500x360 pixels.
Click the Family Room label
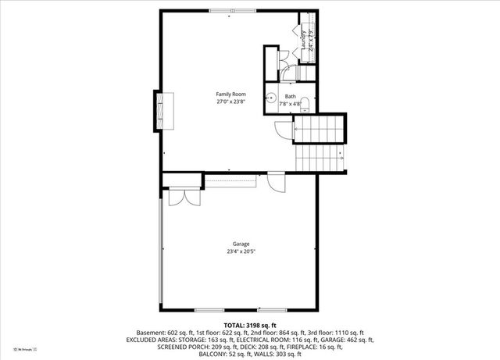pyautogui.click(x=232, y=94)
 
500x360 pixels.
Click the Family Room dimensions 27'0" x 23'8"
pyautogui.click(x=232, y=102)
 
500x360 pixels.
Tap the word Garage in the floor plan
pyautogui.click(x=241, y=244)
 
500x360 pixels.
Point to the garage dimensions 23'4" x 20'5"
pyautogui.click(x=241, y=252)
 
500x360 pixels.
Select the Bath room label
pyautogui.click(x=291, y=96)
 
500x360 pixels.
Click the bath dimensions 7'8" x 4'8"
pyautogui.click(x=291, y=103)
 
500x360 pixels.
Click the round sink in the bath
pyautogui.click(x=271, y=99)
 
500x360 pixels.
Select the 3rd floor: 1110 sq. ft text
pyautogui.click(x=339, y=332)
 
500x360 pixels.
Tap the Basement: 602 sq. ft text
pyautogui.click(x=165, y=332)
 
